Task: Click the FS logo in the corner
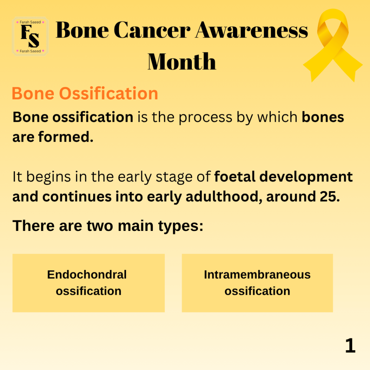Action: click(x=30, y=36)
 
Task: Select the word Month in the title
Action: click(x=182, y=61)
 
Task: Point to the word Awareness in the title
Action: click(x=251, y=30)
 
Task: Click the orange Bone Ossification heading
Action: click(x=85, y=93)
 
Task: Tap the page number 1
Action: click(x=350, y=345)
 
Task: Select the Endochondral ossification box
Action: click(x=89, y=283)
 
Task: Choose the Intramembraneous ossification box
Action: click(x=257, y=283)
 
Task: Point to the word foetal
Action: click(x=235, y=176)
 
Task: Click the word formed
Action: click(x=66, y=137)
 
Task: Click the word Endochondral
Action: click(x=87, y=275)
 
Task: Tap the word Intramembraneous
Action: click(x=257, y=275)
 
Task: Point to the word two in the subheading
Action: click(x=100, y=226)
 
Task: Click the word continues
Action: click(x=77, y=197)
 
